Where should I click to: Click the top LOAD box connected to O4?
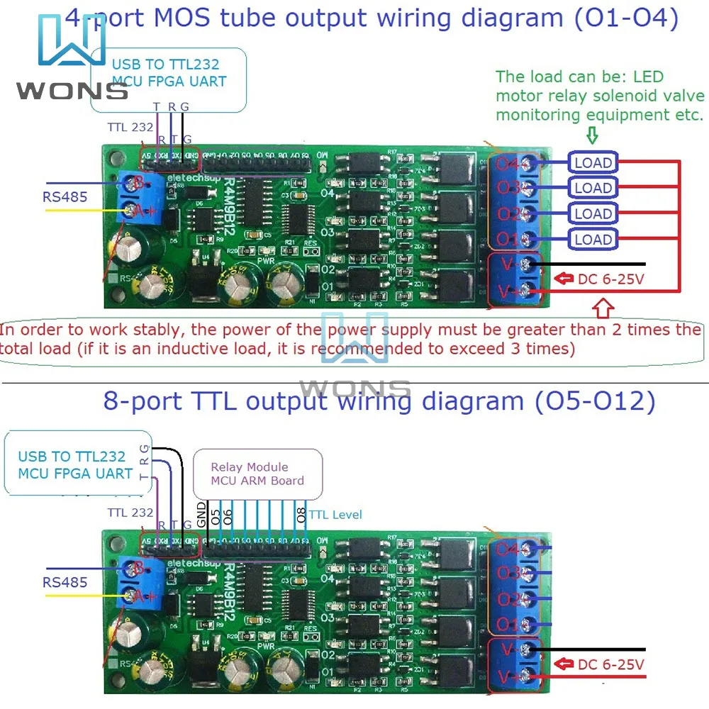click(593, 162)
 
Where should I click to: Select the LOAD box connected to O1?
click(593, 239)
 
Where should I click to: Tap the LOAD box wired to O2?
click(593, 213)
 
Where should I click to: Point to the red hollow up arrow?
click(603, 308)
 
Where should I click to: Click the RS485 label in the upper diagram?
click(65, 196)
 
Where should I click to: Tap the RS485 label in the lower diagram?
click(65, 582)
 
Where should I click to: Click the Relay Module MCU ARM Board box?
click(257, 474)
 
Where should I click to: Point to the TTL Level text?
click(335, 514)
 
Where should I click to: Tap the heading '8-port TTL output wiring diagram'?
click(379, 401)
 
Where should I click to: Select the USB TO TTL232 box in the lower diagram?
click(74, 464)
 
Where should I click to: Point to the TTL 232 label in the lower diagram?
click(130, 512)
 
